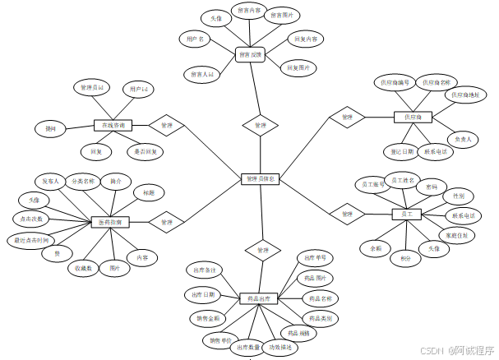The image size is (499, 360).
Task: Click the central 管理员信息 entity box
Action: [x=261, y=178]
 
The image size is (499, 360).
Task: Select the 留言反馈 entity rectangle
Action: [x=250, y=55]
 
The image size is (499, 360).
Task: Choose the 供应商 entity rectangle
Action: [x=413, y=118]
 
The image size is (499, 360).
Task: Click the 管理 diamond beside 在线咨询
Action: [x=167, y=126]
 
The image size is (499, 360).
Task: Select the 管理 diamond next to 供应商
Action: [x=347, y=118]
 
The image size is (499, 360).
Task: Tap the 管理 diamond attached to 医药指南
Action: [x=167, y=222]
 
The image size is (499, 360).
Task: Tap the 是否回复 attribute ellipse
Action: [x=147, y=151]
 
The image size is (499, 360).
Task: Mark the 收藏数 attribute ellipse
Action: [x=84, y=268]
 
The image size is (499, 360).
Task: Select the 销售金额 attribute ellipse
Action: [x=208, y=317]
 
